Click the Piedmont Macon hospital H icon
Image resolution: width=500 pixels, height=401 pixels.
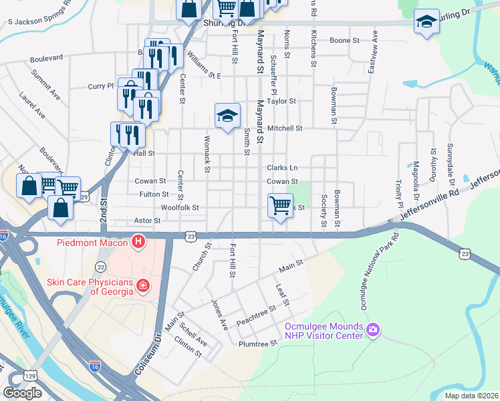(x=138, y=241)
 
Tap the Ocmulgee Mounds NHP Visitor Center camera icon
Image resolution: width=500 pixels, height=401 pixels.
(x=373, y=329)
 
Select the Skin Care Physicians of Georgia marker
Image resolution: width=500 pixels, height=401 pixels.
(x=142, y=287)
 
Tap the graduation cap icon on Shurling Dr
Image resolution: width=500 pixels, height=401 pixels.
(x=426, y=22)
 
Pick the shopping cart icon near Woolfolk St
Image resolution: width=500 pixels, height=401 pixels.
(x=280, y=205)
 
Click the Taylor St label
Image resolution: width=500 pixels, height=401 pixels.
(x=281, y=101)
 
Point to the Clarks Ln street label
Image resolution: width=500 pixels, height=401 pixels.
(x=283, y=168)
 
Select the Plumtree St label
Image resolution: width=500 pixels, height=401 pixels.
(x=257, y=344)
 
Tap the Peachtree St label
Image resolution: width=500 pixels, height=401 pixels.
(x=256, y=315)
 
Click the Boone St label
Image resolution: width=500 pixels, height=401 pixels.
(x=345, y=40)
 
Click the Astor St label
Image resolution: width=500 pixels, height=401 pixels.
(x=148, y=220)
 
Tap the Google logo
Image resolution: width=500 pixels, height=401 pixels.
(x=22, y=392)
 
